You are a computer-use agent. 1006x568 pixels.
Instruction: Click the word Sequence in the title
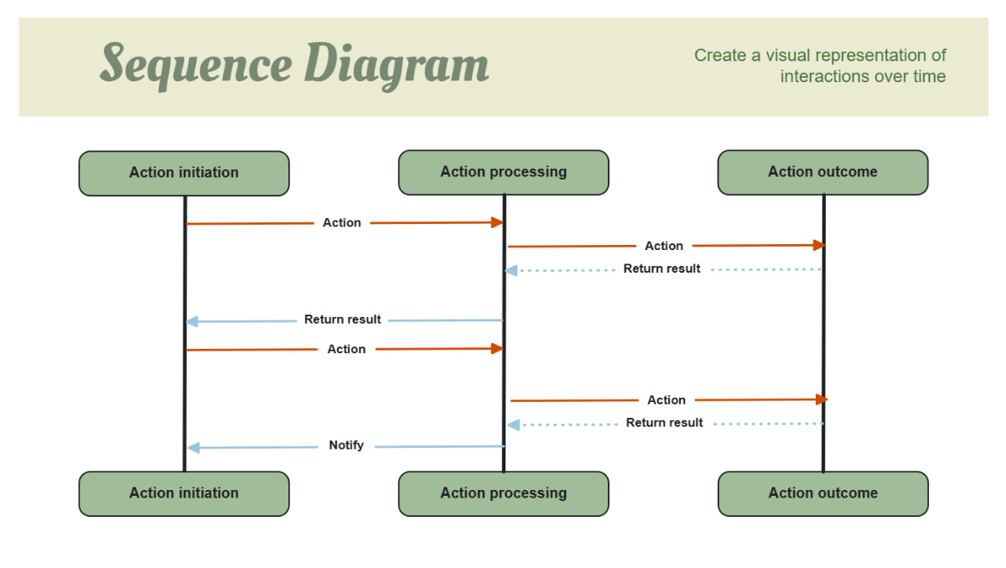(196, 65)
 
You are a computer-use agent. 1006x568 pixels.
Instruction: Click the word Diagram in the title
(396, 65)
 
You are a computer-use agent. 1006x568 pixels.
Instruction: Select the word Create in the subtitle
(719, 55)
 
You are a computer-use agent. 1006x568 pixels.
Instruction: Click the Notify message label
(346, 446)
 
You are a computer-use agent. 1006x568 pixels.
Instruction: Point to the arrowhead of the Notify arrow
(193, 448)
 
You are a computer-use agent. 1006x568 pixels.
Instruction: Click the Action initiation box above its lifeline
(184, 173)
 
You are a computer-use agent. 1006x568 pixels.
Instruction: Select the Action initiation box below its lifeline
(184, 493)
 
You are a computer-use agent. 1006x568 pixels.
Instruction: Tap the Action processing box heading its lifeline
(503, 172)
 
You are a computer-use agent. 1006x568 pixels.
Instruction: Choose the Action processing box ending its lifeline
(503, 493)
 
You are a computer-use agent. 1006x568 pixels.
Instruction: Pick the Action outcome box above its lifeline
(822, 172)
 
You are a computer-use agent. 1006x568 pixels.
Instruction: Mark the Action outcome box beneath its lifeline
(822, 493)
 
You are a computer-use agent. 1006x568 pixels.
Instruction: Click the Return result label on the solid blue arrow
(342, 320)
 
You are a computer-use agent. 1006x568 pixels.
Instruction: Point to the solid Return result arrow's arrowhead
(192, 321)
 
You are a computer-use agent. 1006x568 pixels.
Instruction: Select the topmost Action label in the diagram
(342, 223)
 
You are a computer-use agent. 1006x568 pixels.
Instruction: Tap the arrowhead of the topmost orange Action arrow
(497, 222)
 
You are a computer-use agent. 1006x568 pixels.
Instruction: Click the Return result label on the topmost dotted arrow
(661, 269)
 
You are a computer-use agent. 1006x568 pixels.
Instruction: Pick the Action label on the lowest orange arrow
(666, 400)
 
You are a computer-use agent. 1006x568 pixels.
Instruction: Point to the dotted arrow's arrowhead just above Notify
(513, 425)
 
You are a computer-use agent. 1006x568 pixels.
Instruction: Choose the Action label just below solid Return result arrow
(346, 349)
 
